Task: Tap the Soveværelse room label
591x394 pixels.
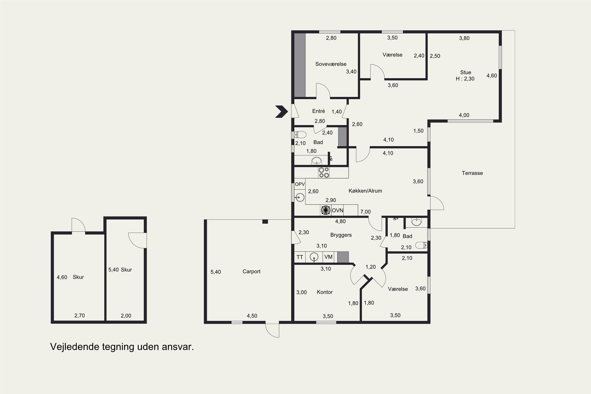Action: point(331,64)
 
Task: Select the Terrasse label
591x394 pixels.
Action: point(472,173)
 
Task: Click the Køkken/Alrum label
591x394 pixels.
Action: point(365,191)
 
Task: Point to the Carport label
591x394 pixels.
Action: point(251,271)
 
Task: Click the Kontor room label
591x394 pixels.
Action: point(325,292)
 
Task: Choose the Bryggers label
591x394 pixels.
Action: point(341,235)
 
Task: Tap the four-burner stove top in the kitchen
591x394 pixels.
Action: point(324,173)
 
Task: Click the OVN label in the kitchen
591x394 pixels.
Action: point(337,211)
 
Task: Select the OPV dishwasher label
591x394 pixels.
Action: point(300,184)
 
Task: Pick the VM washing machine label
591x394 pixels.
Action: point(328,257)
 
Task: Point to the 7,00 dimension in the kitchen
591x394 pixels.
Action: point(365,212)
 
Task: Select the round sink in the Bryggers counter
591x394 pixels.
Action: point(314,257)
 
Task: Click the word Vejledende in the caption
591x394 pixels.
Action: point(75,347)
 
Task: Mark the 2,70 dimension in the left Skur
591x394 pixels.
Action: point(79,316)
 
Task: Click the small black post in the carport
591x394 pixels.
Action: point(265,222)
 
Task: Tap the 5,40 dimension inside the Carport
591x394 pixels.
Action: point(216,272)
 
